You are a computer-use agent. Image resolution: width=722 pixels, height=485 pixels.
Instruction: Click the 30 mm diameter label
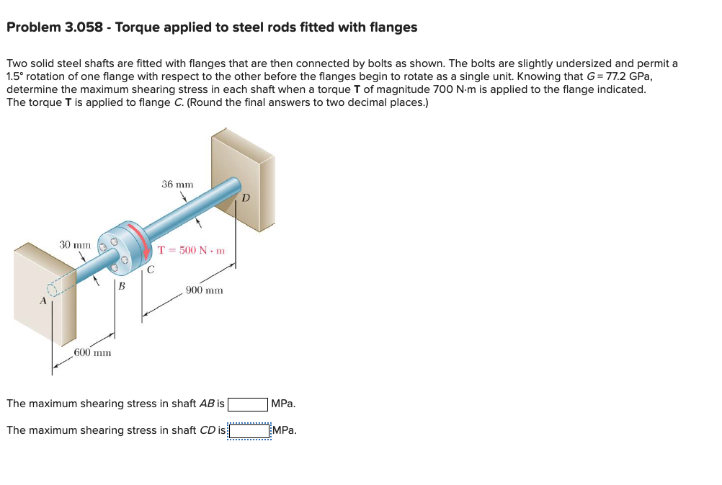tap(74, 245)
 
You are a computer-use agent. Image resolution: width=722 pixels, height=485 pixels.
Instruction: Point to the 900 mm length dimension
tap(204, 290)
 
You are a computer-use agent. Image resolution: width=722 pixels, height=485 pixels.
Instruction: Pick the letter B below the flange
tap(121, 286)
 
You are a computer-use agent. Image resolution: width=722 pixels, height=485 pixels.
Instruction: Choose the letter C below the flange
tap(150, 271)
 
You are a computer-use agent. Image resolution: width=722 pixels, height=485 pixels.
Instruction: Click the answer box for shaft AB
tap(249, 404)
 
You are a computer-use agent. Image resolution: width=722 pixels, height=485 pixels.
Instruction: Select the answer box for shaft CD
tap(249, 431)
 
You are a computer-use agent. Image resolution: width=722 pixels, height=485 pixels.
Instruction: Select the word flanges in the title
tap(393, 27)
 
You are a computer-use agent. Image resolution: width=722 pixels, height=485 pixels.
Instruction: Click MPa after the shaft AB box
tap(284, 404)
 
